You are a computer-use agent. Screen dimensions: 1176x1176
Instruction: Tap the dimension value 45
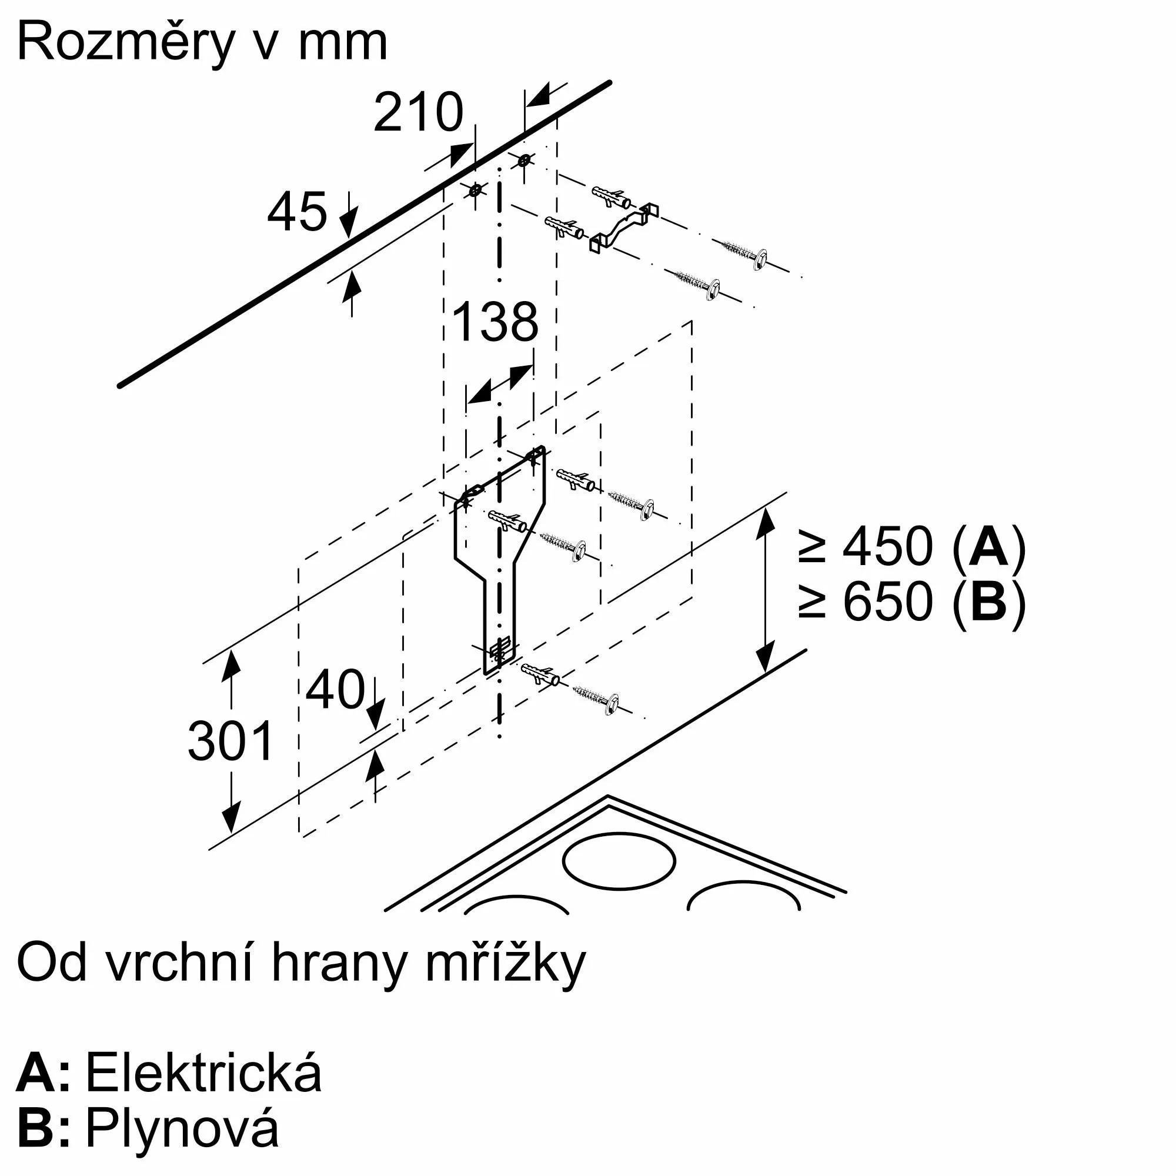point(297,212)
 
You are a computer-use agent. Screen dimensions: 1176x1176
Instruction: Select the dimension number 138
point(496,322)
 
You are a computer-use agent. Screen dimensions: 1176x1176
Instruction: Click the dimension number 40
point(335,690)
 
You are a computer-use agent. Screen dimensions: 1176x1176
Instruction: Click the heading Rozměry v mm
point(202,42)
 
